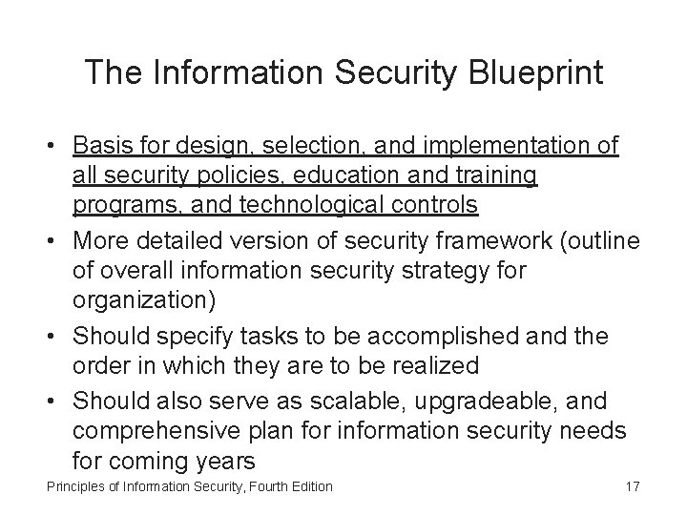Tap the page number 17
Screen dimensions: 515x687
[631, 486]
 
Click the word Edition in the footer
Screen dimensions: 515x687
[309, 486]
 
